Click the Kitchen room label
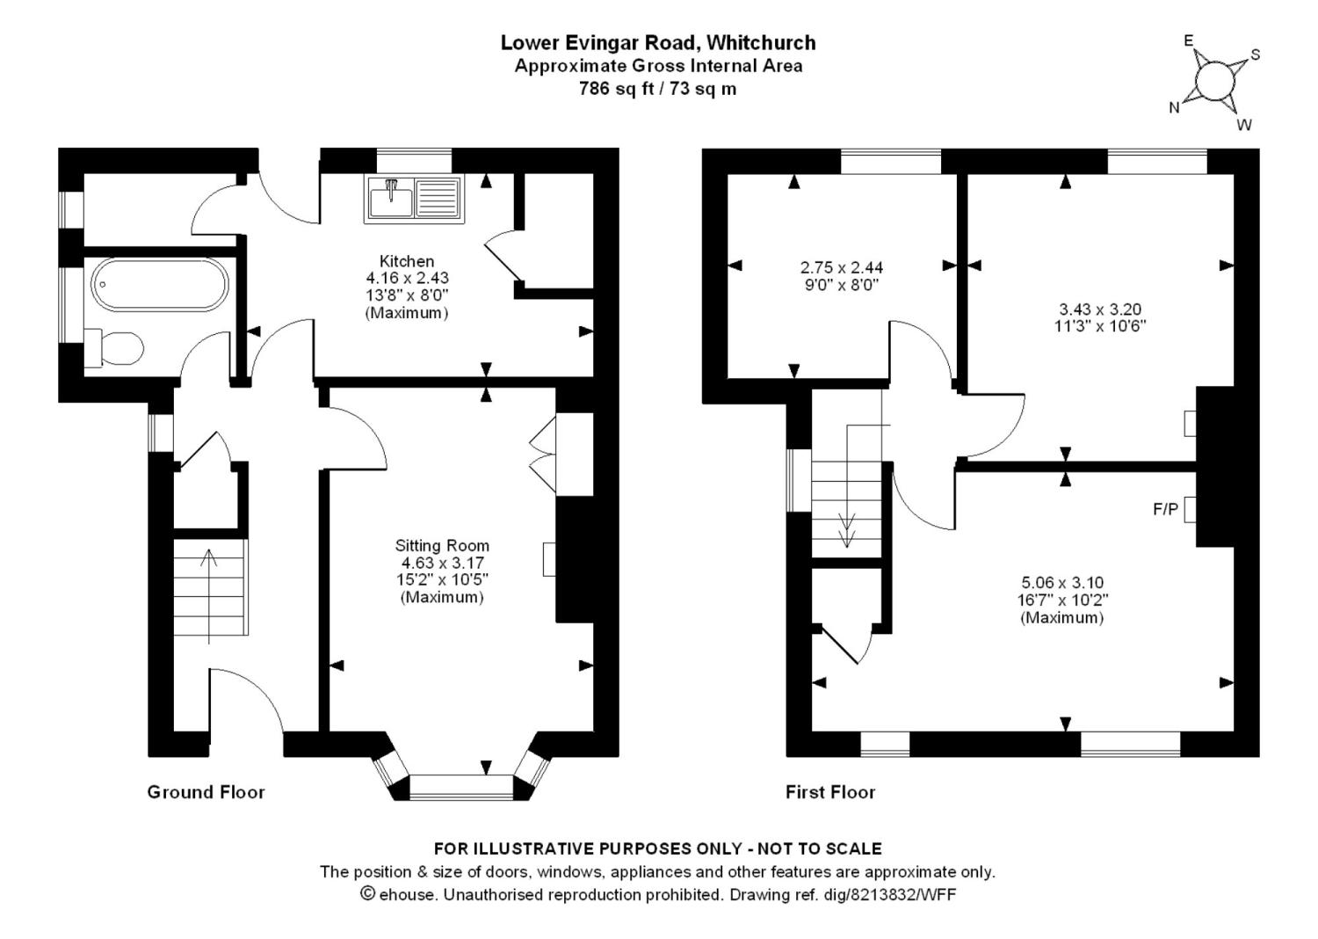click(407, 261)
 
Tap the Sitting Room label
click(442, 546)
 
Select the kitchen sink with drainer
click(414, 199)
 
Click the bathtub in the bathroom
click(159, 286)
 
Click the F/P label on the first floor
click(1166, 510)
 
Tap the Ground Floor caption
click(206, 792)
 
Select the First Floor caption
click(830, 792)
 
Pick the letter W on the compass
click(1244, 125)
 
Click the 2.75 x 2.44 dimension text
click(842, 268)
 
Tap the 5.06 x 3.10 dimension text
click(1062, 583)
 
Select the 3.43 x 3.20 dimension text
click(1100, 309)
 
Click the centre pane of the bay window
click(462, 787)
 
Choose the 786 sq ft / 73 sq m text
click(658, 89)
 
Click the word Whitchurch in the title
click(762, 42)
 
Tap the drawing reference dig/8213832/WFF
click(843, 895)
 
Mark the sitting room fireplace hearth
click(549, 558)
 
